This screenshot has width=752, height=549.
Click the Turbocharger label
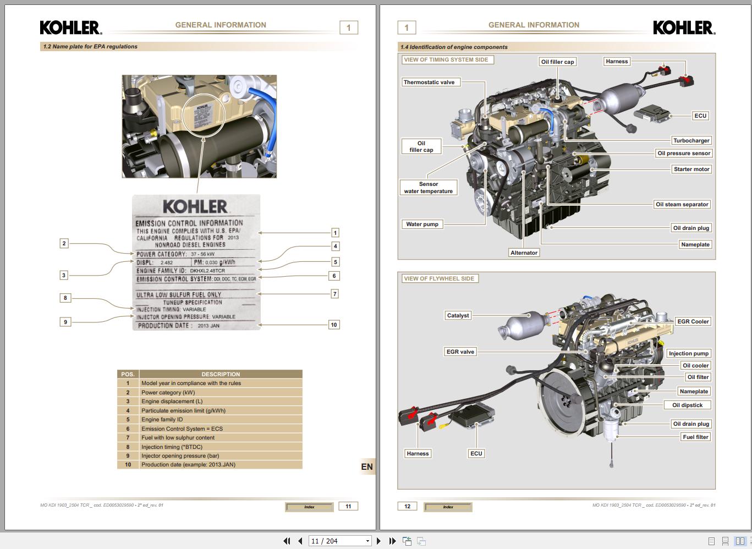691,140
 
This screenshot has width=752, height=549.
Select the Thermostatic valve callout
429,83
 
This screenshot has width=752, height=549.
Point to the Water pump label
422,224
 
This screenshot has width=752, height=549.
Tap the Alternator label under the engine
524,253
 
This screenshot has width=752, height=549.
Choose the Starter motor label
691,169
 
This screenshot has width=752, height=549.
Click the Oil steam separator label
682,205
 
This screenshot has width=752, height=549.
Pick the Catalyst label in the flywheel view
458,316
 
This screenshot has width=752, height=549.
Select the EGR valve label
460,352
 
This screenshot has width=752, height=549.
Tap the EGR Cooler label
693,322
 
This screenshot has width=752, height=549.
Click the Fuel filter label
695,437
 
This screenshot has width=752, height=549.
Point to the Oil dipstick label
687,405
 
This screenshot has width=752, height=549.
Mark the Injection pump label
688,354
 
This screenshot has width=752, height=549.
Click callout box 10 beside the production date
333,325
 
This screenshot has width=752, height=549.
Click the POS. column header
128,374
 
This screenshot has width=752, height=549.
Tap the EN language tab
367,467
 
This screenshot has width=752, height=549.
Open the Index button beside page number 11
309,507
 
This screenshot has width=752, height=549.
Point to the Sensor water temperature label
428,188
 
